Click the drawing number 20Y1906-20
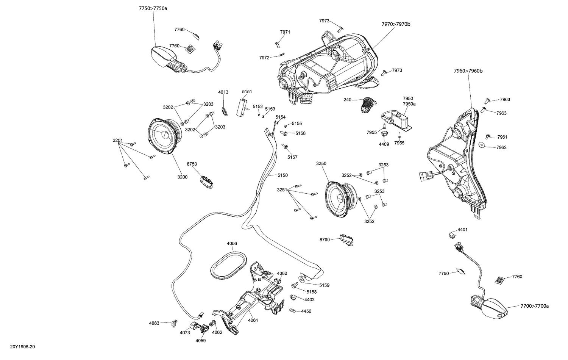pyautogui.click(x=22, y=347)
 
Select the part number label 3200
pyautogui.click(x=183, y=177)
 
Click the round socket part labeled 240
pyautogui.click(x=367, y=103)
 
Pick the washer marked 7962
pyautogui.click(x=482, y=146)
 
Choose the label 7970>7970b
pyautogui.click(x=396, y=24)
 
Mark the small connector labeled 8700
pyautogui.click(x=346, y=239)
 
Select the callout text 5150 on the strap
pyautogui.click(x=282, y=175)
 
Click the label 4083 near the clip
pyautogui.click(x=154, y=323)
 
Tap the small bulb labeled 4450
pyautogui.click(x=292, y=311)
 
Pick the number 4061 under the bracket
pyautogui.click(x=253, y=320)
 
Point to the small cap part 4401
pyautogui.click(x=452, y=234)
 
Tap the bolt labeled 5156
pyautogui.click(x=284, y=133)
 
